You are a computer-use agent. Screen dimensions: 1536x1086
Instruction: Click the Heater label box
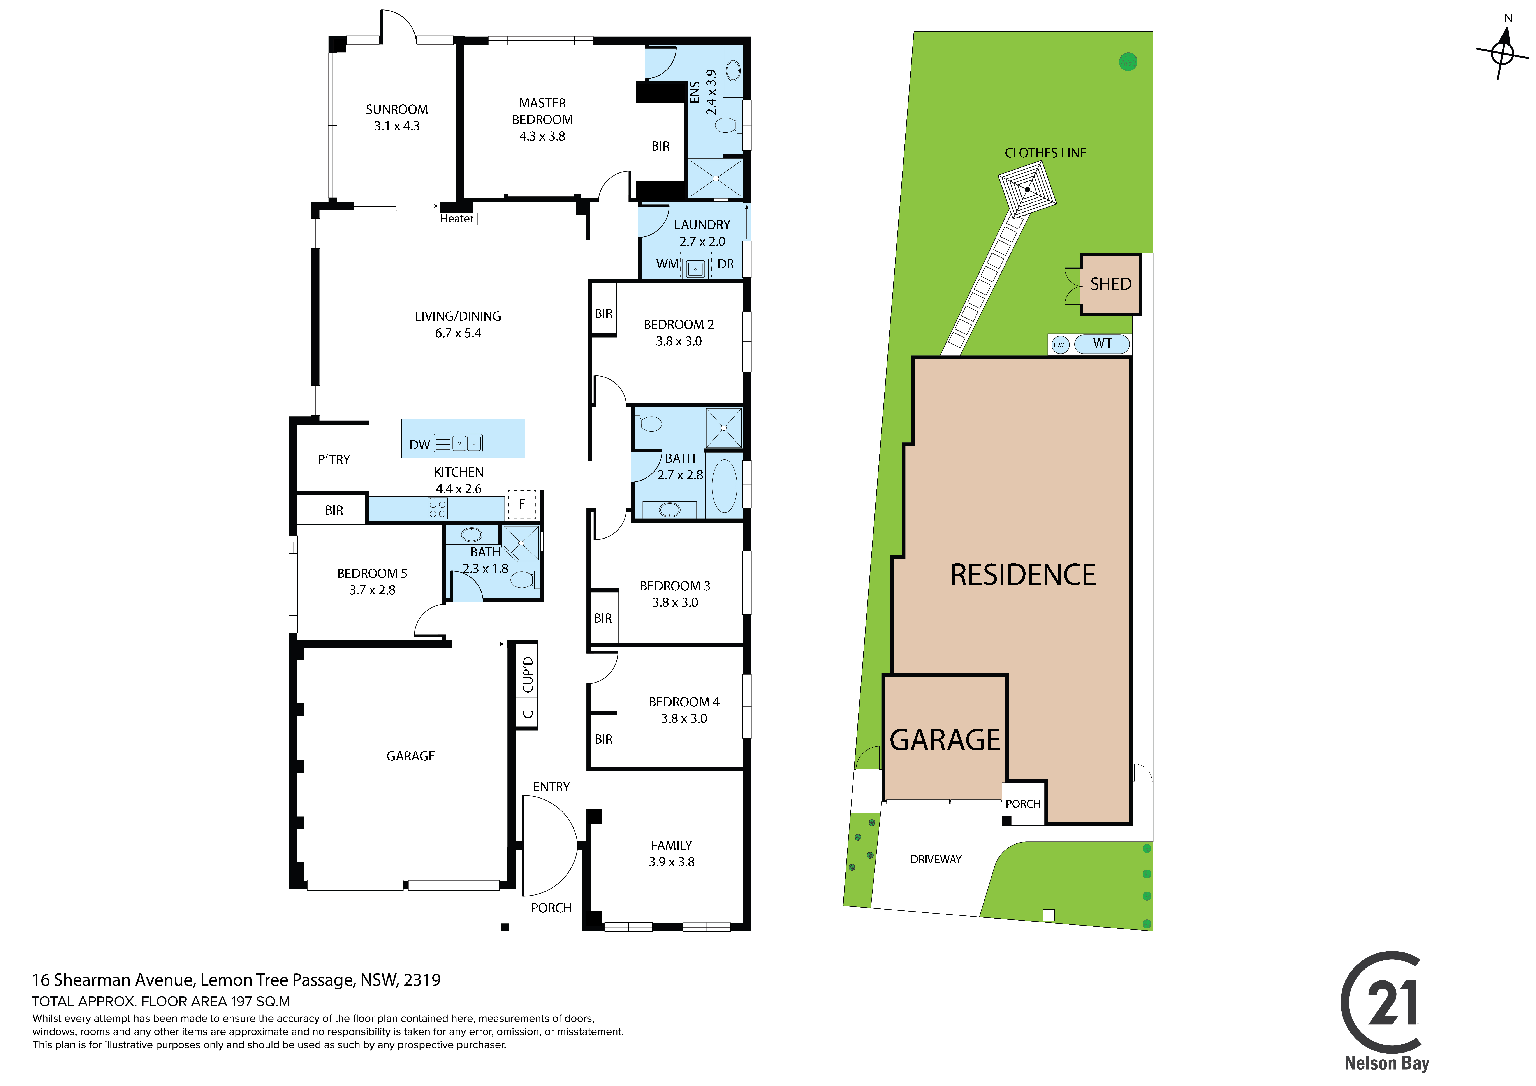tap(457, 219)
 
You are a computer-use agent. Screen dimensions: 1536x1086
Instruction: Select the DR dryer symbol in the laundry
tap(726, 264)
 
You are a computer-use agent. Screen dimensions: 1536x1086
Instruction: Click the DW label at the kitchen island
tap(419, 445)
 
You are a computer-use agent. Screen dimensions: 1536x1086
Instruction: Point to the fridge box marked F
tap(522, 505)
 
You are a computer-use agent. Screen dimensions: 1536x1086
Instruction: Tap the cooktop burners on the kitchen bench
tap(438, 509)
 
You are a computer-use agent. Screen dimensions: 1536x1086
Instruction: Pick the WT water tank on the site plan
tap(1103, 344)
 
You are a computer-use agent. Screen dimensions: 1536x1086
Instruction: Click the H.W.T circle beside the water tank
tap(1060, 345)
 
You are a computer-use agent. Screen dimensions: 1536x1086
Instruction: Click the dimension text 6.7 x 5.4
tap(458, 333)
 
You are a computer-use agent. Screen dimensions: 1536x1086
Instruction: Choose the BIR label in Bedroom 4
tap(603, 739)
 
